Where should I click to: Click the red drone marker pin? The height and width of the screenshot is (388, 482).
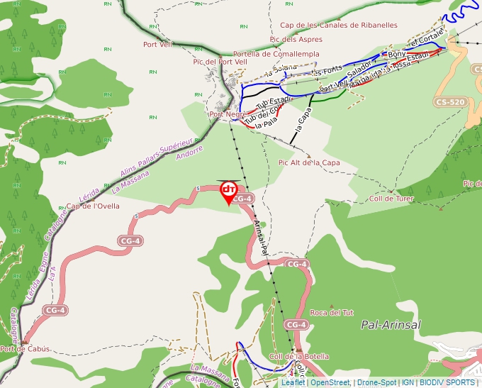pos(229,192)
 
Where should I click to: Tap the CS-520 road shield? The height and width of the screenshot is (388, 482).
pos(450,102)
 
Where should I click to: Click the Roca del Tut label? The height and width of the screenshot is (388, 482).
pos(332,312)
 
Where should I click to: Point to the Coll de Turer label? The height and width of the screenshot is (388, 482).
pos(391,199)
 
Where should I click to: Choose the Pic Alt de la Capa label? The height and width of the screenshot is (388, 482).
pos(309,162)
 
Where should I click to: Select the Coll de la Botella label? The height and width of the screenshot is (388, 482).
pos(299,356)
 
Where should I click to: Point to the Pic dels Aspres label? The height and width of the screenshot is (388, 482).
pos(296,40)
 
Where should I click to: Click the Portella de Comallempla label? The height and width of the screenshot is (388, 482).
pos(276,54)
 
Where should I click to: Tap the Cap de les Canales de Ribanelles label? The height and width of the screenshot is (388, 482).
pos(339,25)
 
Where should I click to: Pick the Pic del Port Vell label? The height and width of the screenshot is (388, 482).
pos(220,62)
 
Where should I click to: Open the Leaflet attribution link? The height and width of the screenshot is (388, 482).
pos(293,382)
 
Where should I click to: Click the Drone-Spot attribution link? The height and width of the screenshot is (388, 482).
pos(376,382)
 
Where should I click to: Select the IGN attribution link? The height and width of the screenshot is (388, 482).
pos(408,382)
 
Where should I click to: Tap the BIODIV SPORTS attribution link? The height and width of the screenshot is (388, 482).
pos(448,382)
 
